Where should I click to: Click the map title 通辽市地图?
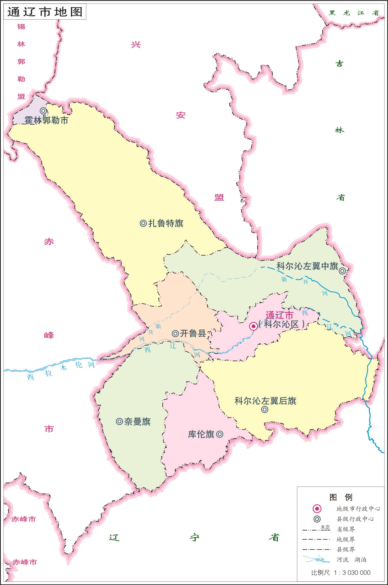click(45, 12)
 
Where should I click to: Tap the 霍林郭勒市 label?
click(47, 120)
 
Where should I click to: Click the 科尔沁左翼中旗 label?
click(307, 266)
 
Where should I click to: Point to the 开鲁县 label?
click(193, 333)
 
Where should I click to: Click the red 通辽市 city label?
click(279, 315)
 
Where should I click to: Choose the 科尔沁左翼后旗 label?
click(265, 401)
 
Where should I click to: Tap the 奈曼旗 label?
click(137, 421)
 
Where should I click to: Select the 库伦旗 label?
click(201, 434)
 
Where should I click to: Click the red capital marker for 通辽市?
click(253, 326)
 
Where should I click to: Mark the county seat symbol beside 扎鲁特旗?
click(143, 223)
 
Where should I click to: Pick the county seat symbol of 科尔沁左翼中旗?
click(342, 271)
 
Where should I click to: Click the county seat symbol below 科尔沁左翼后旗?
click(265, 410)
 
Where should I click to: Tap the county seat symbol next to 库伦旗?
click(220, 434)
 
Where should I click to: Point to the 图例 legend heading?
click(341, 497)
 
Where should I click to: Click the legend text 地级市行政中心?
click(358, 509)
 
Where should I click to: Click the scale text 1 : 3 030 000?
click(352, 573)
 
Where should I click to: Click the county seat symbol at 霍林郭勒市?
click(44, 111)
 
